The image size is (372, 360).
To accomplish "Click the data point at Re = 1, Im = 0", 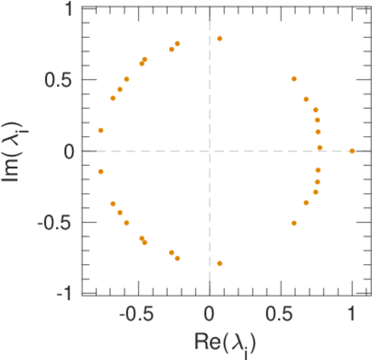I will tap(352, 151).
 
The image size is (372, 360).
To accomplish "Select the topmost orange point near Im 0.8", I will tap(220, 38).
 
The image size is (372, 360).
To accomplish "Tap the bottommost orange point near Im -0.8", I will tap(220, 263).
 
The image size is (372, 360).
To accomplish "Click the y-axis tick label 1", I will tap(68, 9).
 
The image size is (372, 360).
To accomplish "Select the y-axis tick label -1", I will tap(65, 293).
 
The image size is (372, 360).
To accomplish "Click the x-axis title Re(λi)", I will tap(226, 343).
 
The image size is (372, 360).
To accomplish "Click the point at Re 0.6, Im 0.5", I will tap(294, 79).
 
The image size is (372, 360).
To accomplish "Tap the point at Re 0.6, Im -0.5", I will tap(294, 223).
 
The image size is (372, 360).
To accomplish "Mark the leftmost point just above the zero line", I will tap(101, 130).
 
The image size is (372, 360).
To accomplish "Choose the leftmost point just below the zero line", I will tap(101, 172).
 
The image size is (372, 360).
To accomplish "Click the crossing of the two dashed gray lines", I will tap(209, 151).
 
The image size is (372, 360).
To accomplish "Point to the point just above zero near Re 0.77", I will tap(320, 148).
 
